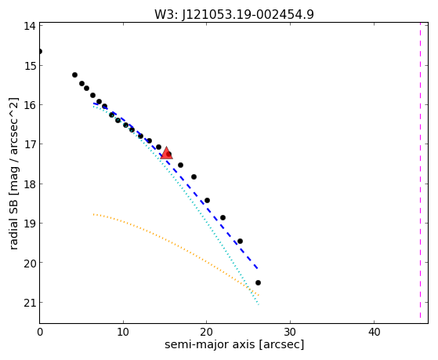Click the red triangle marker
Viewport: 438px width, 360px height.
point(166,153)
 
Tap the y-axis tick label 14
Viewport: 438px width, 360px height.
point(29,26)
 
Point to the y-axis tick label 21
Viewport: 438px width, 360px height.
point(29,303)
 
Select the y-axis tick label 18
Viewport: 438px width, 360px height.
point(29,184)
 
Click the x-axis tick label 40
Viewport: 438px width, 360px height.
point(374,332)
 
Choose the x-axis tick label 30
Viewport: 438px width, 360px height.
point(290,332)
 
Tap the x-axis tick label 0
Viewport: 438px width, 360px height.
point(40,332)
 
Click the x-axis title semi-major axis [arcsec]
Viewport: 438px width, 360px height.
point(234,344)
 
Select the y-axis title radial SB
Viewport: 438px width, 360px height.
point(13,223)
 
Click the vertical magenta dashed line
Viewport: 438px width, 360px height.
point(420,171)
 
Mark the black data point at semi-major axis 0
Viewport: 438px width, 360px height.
point(40,52)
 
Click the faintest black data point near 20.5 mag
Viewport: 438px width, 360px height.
point(258,283)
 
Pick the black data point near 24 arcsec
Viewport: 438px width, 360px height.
point(240,241)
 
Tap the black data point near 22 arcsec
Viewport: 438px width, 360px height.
point(223,217)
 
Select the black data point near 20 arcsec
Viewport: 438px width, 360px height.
point(207,200)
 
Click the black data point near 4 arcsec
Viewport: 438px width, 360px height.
point(74,75)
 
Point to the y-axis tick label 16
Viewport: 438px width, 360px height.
point(29,105)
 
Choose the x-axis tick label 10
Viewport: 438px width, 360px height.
point(123,332)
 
